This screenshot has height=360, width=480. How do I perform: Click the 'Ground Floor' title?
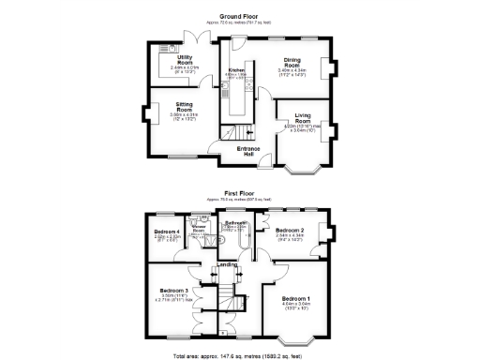239,16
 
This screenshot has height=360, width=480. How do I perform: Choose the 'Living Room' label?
303,118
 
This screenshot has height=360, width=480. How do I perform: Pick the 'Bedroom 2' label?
291,229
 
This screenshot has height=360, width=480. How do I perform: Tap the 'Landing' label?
227,264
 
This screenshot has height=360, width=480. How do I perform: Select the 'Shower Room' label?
199,228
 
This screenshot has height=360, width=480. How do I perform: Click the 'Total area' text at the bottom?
239,355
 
